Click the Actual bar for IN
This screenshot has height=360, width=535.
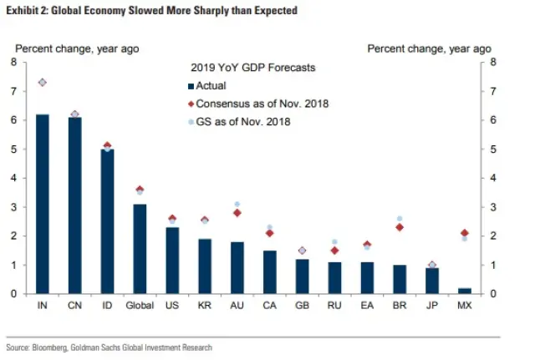[x=42, y=205]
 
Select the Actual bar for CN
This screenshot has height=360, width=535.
[x=74, y=206]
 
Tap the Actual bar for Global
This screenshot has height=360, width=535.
[x=140, y=249]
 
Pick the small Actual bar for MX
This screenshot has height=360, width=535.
[x=465, y=291]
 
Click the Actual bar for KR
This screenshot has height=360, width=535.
[x=205, y=266]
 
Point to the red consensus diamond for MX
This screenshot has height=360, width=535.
[x=465, y=233]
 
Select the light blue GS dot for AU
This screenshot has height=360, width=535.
[x=237, y=204]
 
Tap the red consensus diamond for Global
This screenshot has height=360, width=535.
[x=140, y=190]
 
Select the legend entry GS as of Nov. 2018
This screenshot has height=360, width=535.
[x=242, y=122]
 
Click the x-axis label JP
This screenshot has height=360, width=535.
[x=432, y=306]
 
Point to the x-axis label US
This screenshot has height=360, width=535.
[x=172, y=306]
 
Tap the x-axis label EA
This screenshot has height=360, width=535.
[x=367, y=306]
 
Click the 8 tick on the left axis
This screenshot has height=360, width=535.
[x=13, y=63]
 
